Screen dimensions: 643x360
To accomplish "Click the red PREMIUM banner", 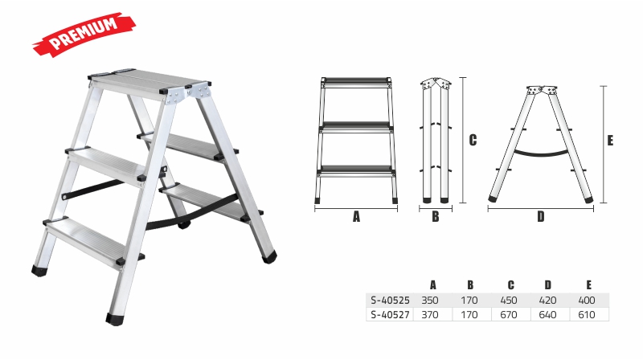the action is coord(84,35).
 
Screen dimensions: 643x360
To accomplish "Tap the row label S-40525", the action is coord(390,301).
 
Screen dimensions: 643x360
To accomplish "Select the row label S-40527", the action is coord(390,315).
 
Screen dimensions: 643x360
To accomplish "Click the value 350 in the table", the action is coord(430,301).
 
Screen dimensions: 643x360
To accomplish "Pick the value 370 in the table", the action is coord(430,315).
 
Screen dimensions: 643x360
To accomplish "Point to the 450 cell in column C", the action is coord(509,301).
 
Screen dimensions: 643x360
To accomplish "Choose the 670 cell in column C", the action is coord(509,315).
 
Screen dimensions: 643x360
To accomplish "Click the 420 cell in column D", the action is coord(547,301).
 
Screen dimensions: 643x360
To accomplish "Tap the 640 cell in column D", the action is coord(547,315).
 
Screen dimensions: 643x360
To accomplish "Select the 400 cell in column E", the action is coord(587,301).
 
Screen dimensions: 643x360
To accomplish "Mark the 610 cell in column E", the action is coord(587,315).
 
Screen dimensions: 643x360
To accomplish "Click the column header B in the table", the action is coord(470,285).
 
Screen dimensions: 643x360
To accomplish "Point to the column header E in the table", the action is coord(589,285).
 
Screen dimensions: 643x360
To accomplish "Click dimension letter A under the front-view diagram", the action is coord(356,216).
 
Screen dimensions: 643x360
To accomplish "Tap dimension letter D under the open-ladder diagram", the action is coord(541,216).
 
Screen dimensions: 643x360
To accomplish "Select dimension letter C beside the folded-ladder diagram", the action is coord(473,141).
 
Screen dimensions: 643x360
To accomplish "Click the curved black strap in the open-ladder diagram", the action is coord(541,155).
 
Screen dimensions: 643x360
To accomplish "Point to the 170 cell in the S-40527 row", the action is coord(469,315).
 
